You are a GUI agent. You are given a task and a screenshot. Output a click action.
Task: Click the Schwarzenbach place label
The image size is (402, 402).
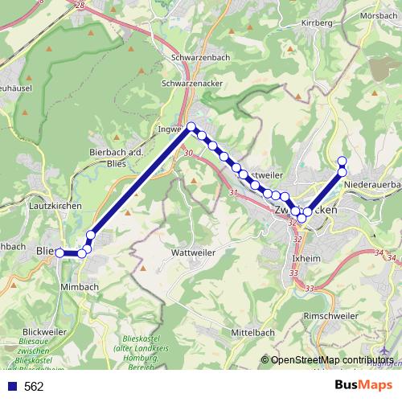tap(196, 58)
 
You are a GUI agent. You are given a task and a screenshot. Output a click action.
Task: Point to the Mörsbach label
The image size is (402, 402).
tap(378, 15)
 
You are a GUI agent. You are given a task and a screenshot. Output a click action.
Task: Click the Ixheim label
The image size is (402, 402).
tap(306, 260)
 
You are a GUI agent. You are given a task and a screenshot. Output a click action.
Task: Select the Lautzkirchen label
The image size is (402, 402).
tap(55, 206)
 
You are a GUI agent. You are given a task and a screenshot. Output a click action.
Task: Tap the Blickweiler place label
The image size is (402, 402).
tap(45, 331)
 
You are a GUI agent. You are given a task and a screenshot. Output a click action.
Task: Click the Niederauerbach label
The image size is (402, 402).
tap(371, 185)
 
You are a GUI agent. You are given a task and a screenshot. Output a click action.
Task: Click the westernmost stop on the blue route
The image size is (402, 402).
tap(59, 253)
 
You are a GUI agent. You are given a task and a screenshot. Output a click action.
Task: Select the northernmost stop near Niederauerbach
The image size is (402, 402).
tap(342, 160)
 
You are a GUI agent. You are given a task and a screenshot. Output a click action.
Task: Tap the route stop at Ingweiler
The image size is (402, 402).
tap(191, 126)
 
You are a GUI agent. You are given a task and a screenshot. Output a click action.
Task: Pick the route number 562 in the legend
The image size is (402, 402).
tap(34, 387)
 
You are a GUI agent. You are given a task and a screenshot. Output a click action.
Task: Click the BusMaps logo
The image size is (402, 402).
tap(364, 386)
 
